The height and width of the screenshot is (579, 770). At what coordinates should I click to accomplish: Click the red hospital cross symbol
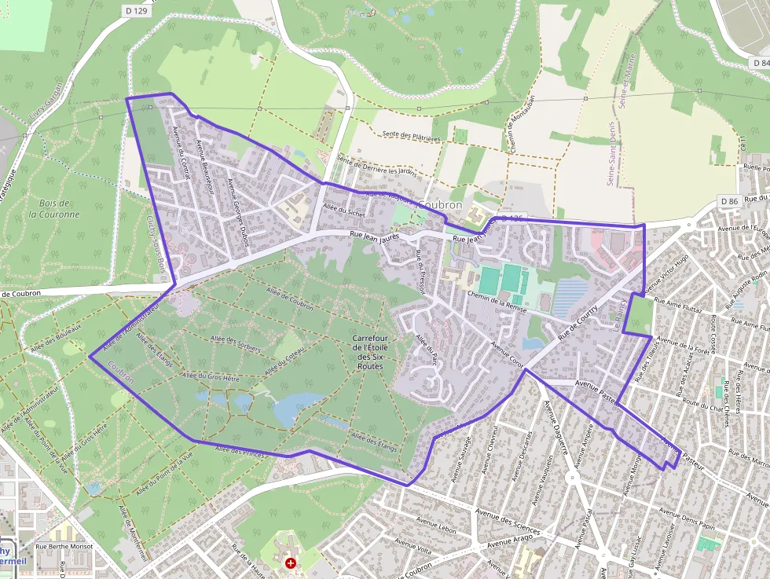[291, 563]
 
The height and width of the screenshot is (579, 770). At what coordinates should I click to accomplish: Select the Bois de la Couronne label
[54, 208]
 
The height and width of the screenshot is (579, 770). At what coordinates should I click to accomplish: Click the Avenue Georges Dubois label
[237, 211]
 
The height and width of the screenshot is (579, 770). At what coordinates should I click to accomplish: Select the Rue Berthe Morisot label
[64, 546]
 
